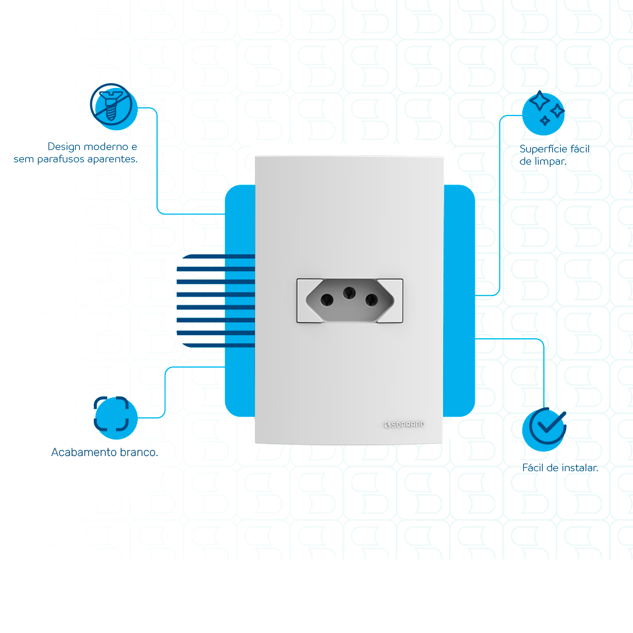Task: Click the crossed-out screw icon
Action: (x=111, y=104)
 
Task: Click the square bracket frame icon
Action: (x=111, y=414)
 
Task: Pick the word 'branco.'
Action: (x=141, y=452)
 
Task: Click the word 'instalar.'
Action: (x=579, y=468)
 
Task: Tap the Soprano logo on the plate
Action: (x=404, y=424)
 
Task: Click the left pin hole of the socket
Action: (x=328, y=300)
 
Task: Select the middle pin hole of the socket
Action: (x=349, y=291)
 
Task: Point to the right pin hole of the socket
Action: (x=371, y=300)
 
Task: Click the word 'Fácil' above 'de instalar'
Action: (x=534, y=468)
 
